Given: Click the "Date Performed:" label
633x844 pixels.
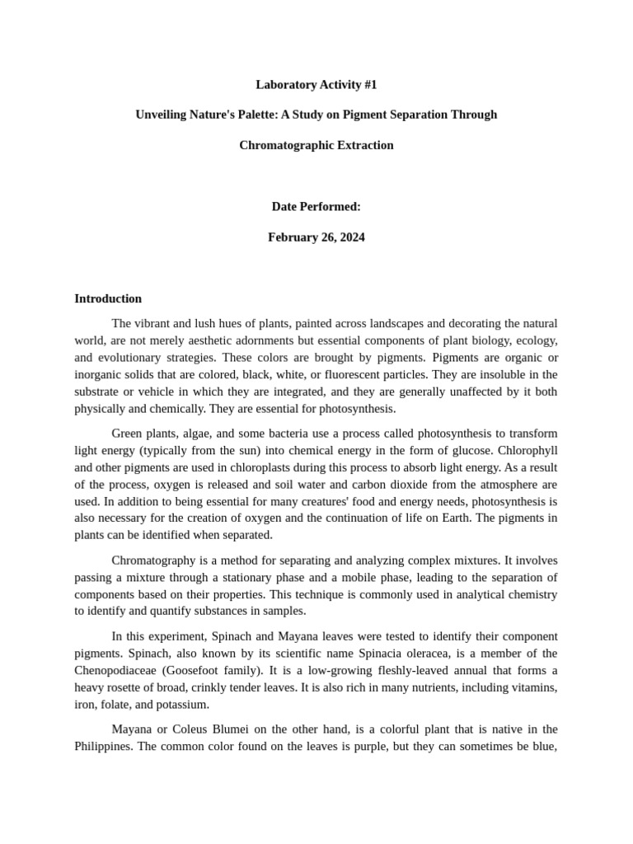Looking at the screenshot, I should pos(316,206).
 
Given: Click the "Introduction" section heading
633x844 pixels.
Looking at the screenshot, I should pos(108,298).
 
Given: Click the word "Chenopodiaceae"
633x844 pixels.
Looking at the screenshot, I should pos(115,670).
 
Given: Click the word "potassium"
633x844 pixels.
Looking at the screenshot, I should pos(183,705).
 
